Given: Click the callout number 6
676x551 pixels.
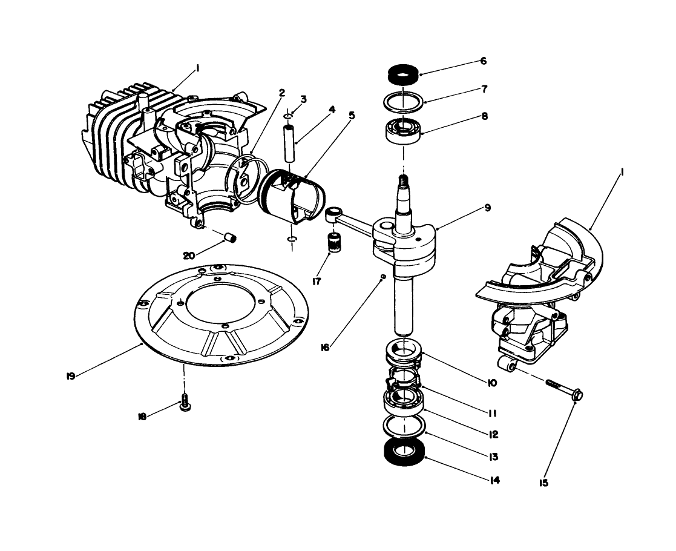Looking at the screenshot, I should (x=483, y=61).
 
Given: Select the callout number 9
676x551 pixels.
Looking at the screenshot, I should (x=487, y=208).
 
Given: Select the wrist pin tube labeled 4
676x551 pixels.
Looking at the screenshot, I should (x=289, y=142).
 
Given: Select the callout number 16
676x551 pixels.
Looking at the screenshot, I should (x=326, y=347).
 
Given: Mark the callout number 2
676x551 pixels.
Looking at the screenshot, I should (x=281, y=93).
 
